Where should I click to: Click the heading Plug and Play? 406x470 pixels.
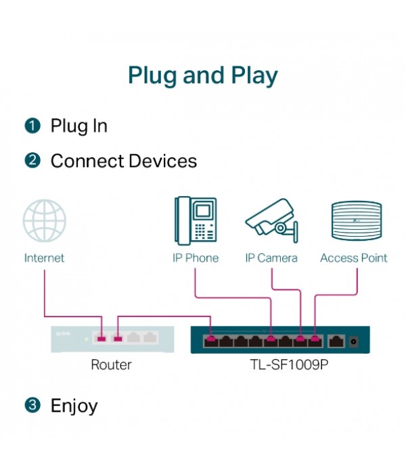point(203,75)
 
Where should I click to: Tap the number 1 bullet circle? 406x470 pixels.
point(32,126)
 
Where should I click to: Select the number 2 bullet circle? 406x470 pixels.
point(32,161)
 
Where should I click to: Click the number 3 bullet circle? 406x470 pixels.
point(32,406)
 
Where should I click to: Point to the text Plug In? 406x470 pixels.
point(78,126)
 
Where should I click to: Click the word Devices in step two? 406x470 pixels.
point(163,161)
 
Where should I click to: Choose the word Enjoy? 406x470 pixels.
point(74,406)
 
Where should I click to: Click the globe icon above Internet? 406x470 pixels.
point(45,220)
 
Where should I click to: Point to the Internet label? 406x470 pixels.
point(45,258)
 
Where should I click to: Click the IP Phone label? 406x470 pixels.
point(195,258)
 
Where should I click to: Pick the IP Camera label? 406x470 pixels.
point(271,258)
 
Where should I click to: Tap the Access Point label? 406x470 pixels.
point(353,258)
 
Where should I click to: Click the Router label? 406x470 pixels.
point(111,365)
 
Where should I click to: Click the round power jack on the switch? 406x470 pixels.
point(354,342)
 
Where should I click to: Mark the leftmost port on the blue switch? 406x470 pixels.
point(211,339)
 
